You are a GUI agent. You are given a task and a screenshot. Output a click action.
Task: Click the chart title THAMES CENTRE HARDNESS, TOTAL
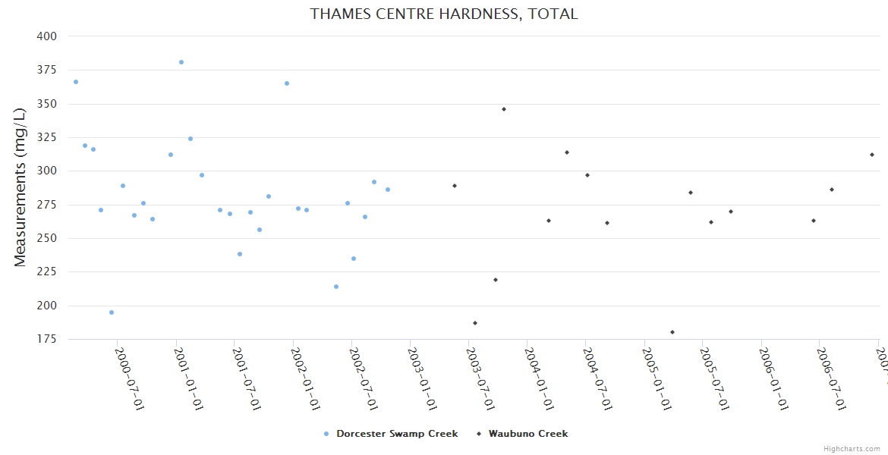444,14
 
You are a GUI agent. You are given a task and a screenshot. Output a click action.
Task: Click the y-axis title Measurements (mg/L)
20,187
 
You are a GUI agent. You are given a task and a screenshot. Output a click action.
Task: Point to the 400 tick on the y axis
46,36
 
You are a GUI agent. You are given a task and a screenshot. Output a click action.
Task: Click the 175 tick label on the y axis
46,339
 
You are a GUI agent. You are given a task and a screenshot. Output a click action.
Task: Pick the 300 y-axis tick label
46,171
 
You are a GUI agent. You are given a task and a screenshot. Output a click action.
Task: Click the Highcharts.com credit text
852,449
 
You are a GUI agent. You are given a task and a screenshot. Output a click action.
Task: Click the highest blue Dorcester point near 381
181,62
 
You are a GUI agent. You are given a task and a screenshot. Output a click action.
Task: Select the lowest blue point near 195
112,312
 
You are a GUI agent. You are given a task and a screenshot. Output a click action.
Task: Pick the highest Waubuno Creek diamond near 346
504,109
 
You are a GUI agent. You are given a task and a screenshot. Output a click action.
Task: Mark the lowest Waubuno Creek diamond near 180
672,332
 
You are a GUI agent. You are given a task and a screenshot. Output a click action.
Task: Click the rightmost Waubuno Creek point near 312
872,155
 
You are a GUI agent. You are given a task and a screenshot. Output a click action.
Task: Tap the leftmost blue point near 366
76,82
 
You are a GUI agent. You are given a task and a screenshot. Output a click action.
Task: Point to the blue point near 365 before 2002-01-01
287,83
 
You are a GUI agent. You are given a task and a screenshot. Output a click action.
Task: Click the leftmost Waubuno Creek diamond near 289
455,186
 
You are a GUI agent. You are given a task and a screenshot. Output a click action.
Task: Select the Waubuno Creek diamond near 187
475,323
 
